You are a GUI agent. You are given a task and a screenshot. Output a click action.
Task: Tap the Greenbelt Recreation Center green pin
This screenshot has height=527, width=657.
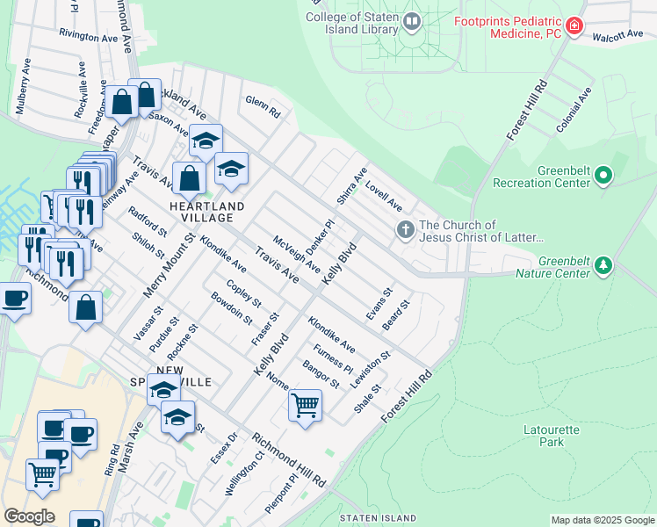click(603, 177)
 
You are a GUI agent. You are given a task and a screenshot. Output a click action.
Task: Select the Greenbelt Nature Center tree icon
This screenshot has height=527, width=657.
click(603, 265)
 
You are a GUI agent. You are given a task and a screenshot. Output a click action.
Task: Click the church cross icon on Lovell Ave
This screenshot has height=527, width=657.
click(405, 231)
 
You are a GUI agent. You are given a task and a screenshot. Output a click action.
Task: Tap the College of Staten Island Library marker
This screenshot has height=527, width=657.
click(413, 19)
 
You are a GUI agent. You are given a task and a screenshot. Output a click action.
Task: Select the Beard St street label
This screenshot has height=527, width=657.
click(396, 316)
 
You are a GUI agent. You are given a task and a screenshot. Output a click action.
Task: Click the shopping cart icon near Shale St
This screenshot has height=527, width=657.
click(305, 406)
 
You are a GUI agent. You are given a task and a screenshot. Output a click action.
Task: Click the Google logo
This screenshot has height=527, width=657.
click(29, 516)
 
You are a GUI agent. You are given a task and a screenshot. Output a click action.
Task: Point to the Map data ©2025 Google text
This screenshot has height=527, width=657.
click(602, 520)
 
